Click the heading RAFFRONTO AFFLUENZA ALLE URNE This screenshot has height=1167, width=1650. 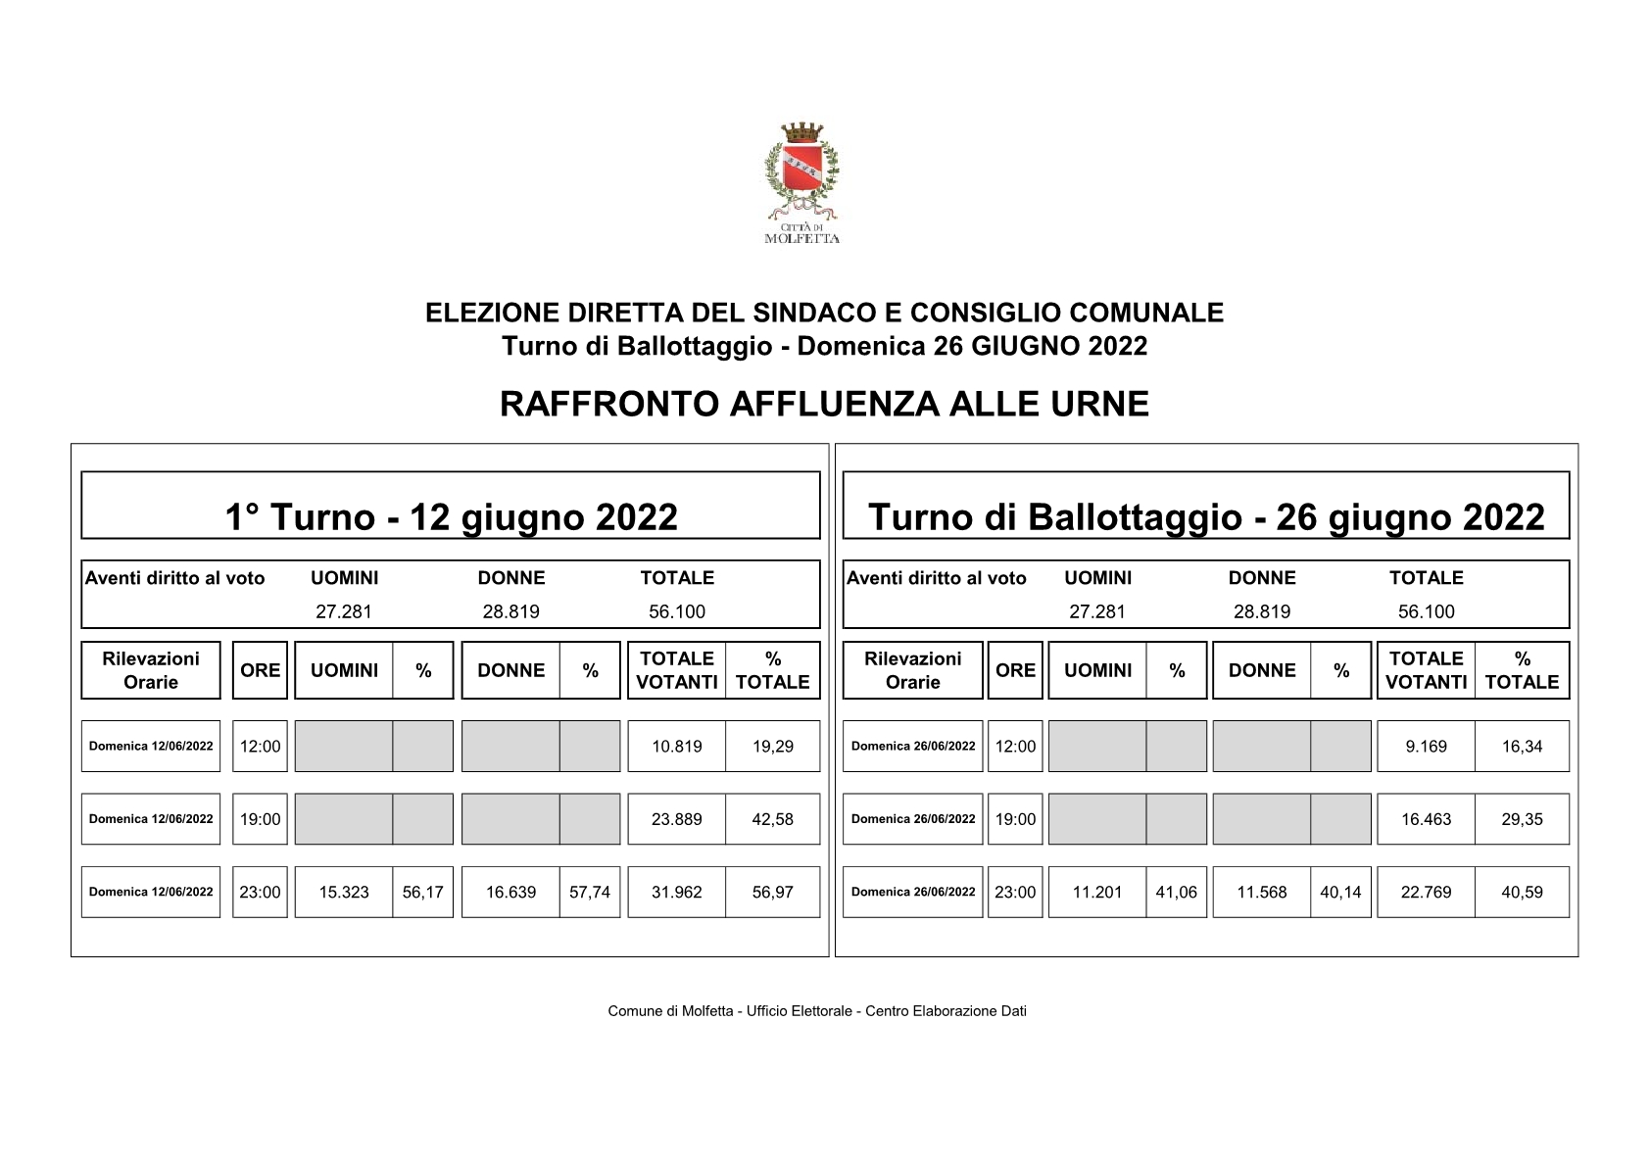click(824, 404)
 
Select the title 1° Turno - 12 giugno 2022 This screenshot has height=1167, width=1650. click(451, 516)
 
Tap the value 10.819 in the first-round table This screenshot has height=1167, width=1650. click(676, 747)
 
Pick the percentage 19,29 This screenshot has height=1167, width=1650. click(772, 747)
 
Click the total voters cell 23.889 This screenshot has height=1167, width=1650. click(676, 819)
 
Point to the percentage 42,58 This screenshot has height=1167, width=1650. click(772, 819)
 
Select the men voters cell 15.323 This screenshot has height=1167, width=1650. click(344, 893)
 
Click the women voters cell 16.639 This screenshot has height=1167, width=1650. click(510, 893)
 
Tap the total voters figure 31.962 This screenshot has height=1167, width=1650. click(676, 893)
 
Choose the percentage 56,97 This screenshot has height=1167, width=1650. click(772, 893)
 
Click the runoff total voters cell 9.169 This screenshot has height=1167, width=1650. click(1426, 747)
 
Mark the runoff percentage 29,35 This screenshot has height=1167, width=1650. click(1522, 819)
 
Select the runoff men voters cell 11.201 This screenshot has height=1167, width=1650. click(1096, 893)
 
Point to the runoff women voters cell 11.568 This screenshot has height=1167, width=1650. click(1261, 893)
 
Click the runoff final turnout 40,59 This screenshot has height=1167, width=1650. click(1522, 893)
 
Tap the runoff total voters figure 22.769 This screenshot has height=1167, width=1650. click(1426, 893)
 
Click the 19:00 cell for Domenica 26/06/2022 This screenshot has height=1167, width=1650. click(1015, 819)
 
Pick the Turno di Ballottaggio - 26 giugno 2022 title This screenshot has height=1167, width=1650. click(1206, 516)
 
